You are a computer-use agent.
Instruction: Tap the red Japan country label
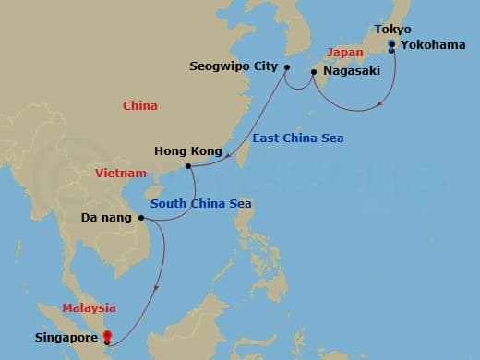344,53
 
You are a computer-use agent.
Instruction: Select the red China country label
140,106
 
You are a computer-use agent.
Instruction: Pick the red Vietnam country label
120,173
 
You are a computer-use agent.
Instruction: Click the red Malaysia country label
89,307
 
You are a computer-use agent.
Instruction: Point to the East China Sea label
297,138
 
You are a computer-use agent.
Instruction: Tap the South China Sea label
201,203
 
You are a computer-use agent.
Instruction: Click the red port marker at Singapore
108,336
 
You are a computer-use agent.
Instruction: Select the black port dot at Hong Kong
188,167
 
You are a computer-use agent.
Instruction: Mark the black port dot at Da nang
141,219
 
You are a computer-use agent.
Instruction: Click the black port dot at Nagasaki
313,71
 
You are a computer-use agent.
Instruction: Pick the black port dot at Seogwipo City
286,67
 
